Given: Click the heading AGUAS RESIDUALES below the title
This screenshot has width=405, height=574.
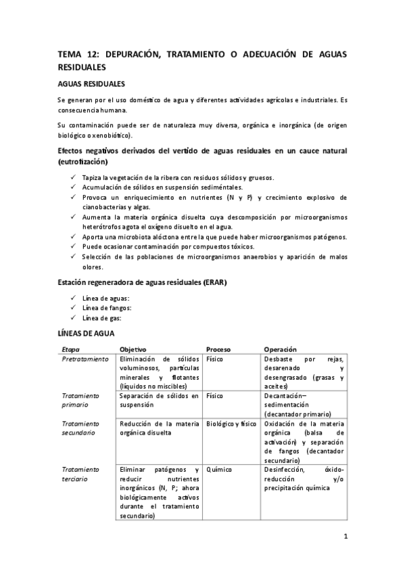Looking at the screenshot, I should point(91,84).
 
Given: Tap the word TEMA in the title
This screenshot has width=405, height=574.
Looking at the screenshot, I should point(68,55).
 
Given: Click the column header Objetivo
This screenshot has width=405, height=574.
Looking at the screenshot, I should point(133,349).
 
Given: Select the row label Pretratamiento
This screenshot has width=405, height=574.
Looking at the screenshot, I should point(85,359).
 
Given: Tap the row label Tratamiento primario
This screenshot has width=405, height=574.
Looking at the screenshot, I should point(80,400).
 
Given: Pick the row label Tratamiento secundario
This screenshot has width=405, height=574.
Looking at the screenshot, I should point(80,428).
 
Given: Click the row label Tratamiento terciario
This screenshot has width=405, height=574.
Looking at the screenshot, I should point(80,474).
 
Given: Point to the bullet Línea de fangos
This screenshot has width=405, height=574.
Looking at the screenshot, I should point(106,308).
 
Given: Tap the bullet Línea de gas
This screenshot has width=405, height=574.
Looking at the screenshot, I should point(102,317).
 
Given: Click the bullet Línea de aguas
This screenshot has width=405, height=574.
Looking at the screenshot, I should point(105,299).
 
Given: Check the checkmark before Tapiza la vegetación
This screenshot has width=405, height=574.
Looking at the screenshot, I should point(72,177).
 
